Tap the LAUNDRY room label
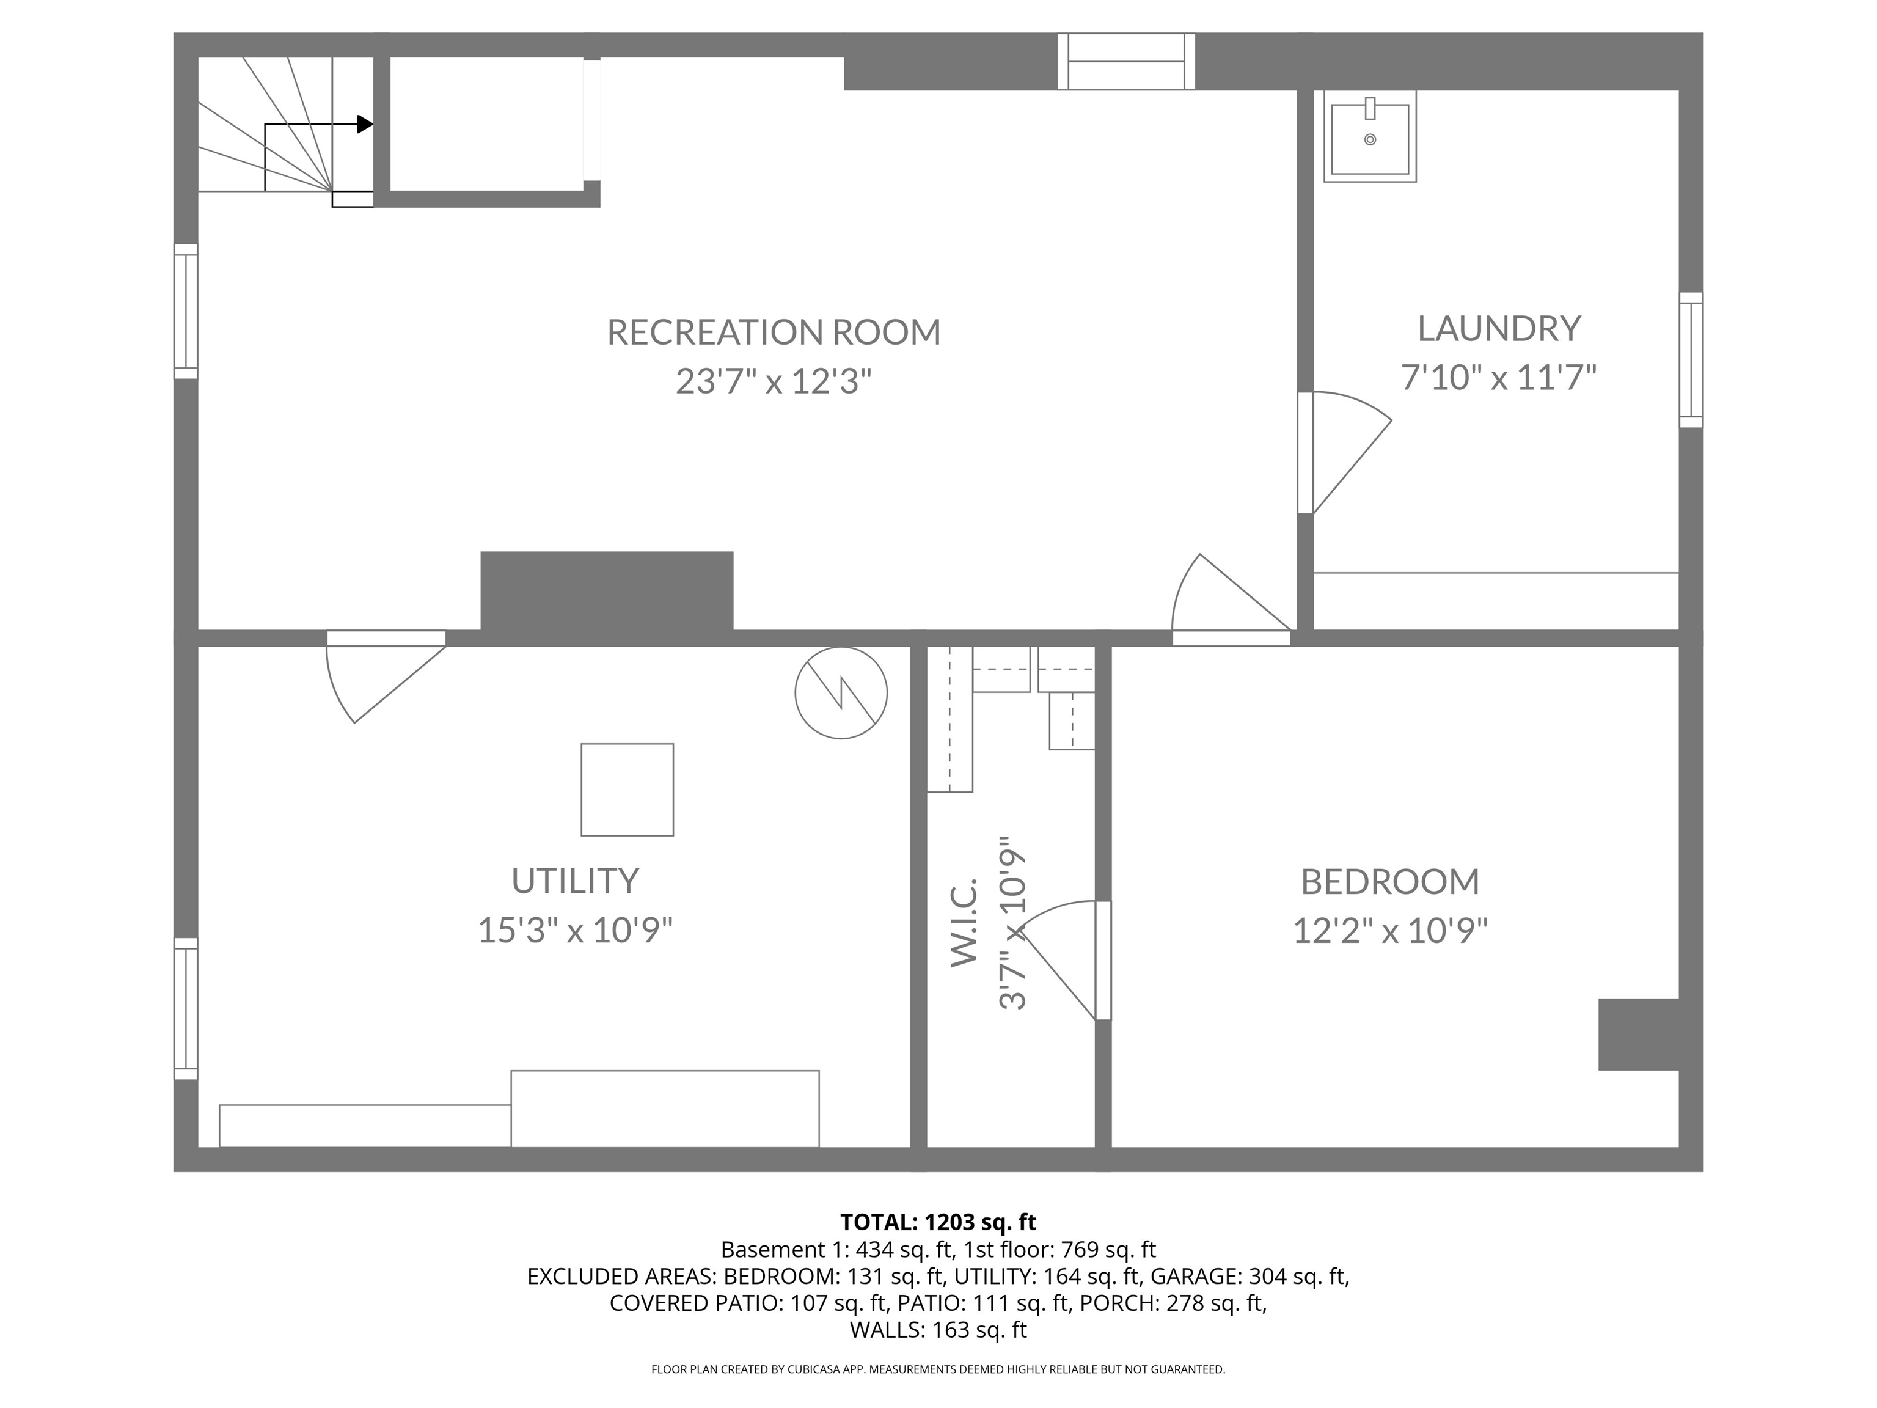pos(1499,328)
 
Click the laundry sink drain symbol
pos(1370,140)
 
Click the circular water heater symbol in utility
pos(841,692)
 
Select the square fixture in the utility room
pos(627,790)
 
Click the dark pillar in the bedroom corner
pos(1637,1034)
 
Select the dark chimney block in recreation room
pos(607,591)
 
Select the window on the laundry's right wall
pos(1690,360)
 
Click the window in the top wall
pos(1126,61)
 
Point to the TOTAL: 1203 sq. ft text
pos(938,1222)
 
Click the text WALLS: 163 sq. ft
pos(938,1329)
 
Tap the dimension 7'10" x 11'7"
pos(1499,377)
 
